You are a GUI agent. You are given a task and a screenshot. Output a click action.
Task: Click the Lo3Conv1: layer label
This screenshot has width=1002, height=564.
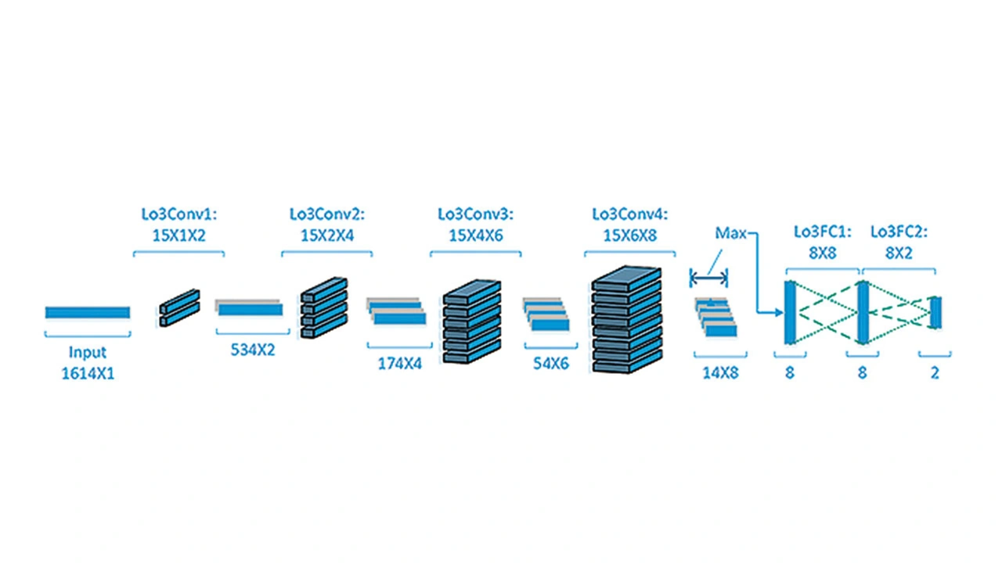(x=179, y=214)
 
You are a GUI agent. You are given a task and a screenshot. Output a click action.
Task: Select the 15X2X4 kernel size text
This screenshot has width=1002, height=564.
(x=327, y=235)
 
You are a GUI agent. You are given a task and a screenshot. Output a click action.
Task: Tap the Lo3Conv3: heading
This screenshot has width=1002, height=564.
(x=475, y=214)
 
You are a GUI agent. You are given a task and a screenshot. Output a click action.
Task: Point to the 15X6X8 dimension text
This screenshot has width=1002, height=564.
(x=630, y=235)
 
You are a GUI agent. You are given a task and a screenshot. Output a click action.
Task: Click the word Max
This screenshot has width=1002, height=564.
(x=730, y=233)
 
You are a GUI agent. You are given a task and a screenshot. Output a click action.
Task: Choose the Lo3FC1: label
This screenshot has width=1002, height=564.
(x=822, y=232)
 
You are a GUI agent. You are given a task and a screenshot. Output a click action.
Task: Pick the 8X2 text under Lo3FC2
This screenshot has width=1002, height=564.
(x=899, y=253)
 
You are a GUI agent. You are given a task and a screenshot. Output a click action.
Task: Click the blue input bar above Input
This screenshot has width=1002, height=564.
(x=88, y=312)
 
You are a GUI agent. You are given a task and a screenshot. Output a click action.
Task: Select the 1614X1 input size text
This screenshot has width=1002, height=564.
(x=88, y=373)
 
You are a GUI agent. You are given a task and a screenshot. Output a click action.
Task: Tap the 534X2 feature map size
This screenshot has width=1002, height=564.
(x=253, y=350)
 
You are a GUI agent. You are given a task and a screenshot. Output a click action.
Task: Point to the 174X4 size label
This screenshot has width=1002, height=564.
(x=399, y=364)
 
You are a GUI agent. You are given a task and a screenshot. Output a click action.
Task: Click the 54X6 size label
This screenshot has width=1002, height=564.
(x=550, y=364)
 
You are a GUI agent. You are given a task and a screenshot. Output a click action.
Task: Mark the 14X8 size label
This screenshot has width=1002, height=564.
(x=720, y=372)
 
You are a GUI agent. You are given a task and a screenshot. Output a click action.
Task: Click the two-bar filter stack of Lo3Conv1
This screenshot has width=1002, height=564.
(x=179, y=308)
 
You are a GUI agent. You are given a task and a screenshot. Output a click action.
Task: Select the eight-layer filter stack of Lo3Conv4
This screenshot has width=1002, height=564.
(x=627, y=320)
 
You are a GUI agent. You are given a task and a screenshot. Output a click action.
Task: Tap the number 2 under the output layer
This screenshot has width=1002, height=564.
(x=935, y=372)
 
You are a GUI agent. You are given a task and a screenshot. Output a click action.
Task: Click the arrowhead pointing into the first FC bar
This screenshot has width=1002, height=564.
(x=779, y=312)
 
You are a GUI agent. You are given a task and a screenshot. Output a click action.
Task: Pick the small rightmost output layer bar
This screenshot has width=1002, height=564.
(x=935, y=313)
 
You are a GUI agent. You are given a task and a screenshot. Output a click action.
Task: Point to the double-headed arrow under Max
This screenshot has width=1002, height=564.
(x=708, y=278)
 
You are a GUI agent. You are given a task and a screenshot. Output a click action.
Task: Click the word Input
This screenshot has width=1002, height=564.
(x=87, y=352)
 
